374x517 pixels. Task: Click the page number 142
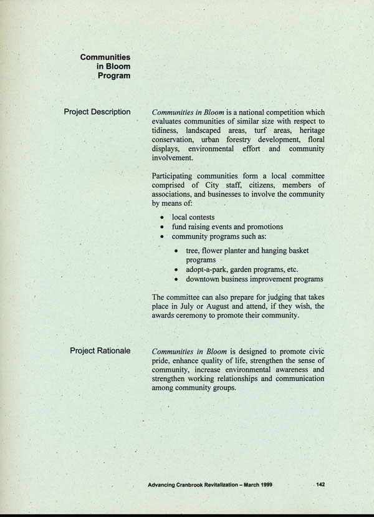pyautogui.click(x=320, y=484)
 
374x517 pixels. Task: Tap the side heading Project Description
pyautogui.click(x=97, y=112)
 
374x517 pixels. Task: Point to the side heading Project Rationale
pyautogui.click(x=100, y=350)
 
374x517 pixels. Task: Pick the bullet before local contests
pyautogui.click(x=162, y=217)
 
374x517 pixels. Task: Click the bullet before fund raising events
pyautogui.click(x=162, y=227)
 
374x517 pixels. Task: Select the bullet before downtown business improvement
pyautogui.click(x=177, y=279)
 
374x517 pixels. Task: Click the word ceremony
pyautogui.click(x=194, y=316)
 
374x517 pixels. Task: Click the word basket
pyautogui.click(x=297, y=250)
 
